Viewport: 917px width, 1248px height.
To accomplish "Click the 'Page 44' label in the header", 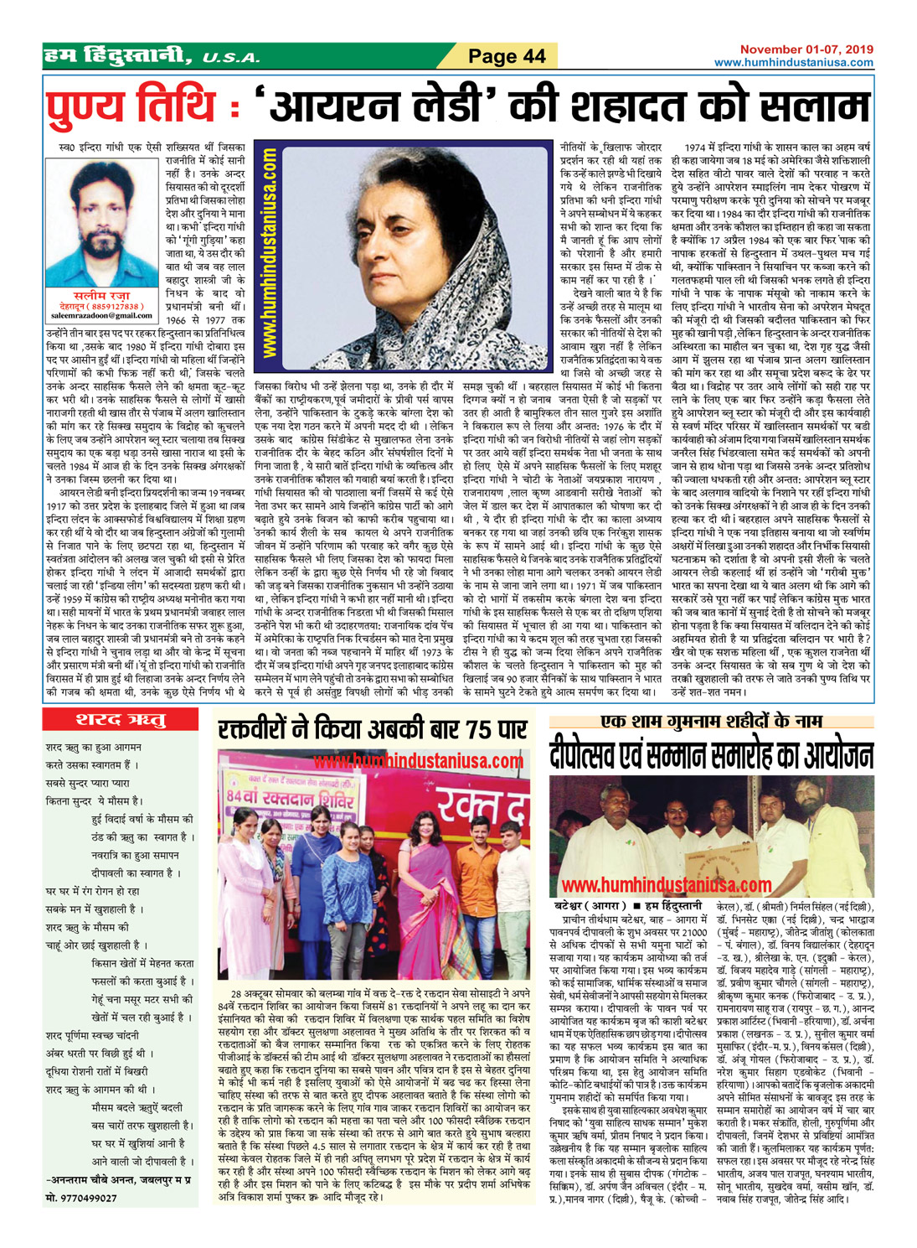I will coord(506,56).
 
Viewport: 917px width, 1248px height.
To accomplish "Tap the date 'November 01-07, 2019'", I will coord(806,49).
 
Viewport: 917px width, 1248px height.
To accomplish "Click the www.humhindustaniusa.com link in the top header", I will coord(793,63).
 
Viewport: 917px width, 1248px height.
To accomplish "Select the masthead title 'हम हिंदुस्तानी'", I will coord(121,56).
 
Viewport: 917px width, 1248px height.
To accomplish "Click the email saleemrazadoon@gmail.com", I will coord(100,316).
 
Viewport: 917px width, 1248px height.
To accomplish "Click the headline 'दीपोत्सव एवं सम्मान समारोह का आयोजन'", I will coord(711,756).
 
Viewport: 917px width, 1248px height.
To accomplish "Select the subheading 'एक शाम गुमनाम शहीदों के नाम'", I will coord(711,720).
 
